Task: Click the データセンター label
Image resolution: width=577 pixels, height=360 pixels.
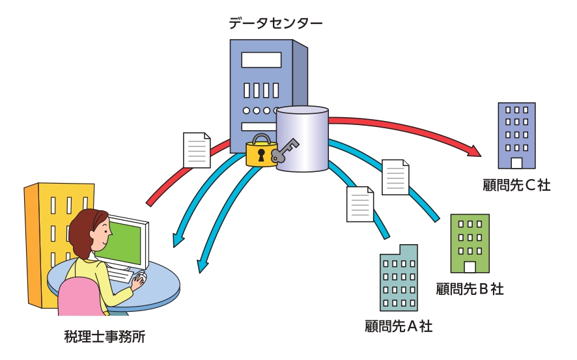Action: (x=275, y=24)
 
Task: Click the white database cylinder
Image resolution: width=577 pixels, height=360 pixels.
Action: (x=302, y=139)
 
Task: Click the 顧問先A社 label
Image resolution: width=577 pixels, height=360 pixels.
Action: (x=399, y=325)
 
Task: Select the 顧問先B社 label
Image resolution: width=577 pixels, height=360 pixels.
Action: (x=470, y=288)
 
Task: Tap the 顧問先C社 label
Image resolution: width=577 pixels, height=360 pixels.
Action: (x=516, y=186)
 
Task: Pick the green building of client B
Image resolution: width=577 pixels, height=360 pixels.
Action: (x=470, y=242)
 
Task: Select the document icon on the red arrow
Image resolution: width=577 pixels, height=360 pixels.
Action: (x=197, y=150)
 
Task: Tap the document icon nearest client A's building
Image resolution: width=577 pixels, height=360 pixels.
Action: (x=360, y=203)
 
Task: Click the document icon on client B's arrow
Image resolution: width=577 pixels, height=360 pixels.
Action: (x=395, y=176)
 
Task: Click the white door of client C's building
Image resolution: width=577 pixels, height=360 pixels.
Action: (x=516, y=163)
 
